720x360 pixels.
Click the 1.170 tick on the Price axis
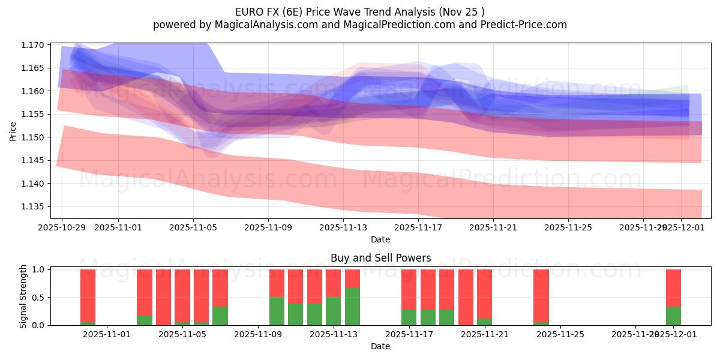34,45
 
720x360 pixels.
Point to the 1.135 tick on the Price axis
34,206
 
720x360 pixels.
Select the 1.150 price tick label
34,137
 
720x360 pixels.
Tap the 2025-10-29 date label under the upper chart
62,228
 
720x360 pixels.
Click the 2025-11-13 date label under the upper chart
343,228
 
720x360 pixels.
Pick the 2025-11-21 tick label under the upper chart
493,228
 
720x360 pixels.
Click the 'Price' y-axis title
13,130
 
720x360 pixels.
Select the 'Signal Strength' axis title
23,296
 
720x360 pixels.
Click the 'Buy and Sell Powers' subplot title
380,259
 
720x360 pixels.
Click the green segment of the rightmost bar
673,316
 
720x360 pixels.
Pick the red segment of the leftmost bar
88,295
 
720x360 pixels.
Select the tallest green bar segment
352,307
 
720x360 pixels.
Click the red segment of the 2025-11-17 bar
409,289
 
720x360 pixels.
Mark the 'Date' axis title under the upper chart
380,239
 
